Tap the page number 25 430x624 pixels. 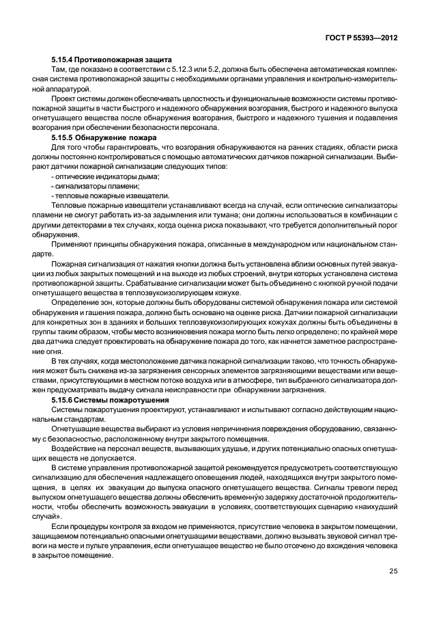coord(393,571)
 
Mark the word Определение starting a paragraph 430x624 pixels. coord(76,301)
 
